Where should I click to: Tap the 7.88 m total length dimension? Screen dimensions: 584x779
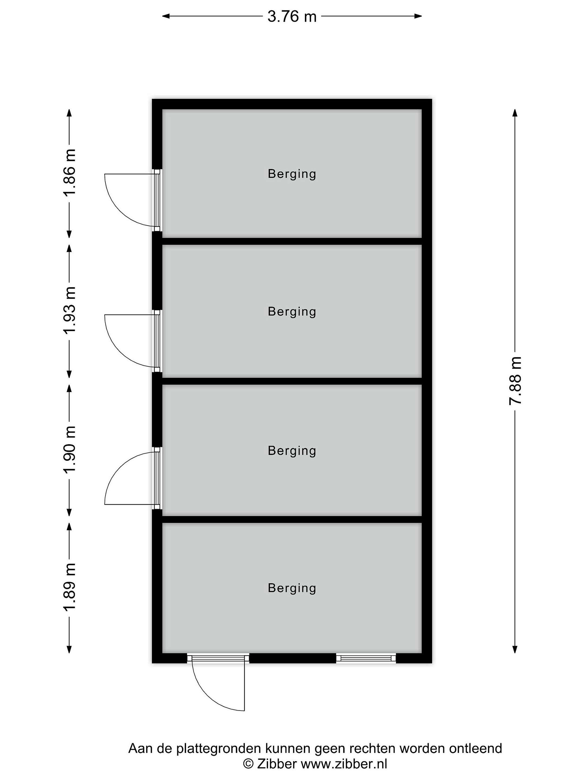coord(515,381)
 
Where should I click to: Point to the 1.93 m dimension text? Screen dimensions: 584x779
coord(69,310)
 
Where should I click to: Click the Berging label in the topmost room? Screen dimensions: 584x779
coord(292,174)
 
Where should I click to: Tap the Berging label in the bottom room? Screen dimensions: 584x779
coord(292,588)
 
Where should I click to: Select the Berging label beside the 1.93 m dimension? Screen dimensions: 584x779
coord(292,312)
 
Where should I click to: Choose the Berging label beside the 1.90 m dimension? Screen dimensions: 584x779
coord(292,451)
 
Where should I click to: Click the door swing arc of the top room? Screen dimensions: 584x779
coord(120,211)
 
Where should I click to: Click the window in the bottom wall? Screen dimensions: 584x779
coord(366,658)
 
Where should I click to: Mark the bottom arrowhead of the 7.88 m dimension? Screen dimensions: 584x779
coord(515,649)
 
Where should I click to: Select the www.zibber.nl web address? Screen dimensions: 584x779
coord(344,764)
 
